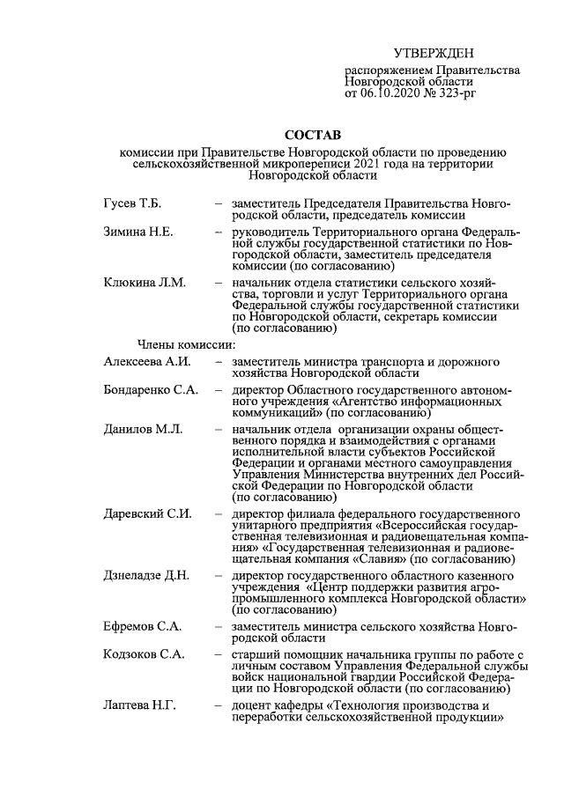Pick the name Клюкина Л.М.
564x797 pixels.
(x=144, y=283)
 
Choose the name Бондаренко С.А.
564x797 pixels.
(x=150, y=389)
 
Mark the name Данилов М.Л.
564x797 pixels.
(x=143, y=428)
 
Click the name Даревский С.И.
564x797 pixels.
(x=147, y=513)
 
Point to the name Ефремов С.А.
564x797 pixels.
(x=142, y=626)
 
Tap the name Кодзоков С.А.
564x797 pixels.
(x=144, y=655)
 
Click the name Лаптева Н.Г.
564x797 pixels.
(x=141, y=706)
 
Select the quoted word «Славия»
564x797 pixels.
(x=375, y=558)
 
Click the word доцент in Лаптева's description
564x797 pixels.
(x=252, y=706)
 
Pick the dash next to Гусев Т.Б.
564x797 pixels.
(x=217, y=204)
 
